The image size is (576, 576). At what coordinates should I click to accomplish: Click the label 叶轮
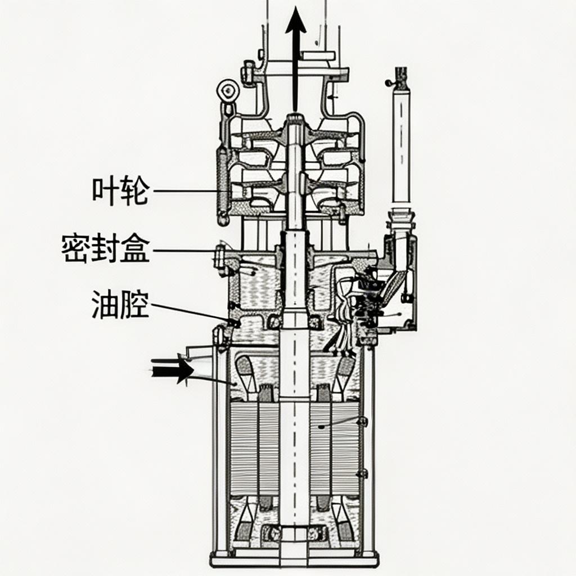(x=120, y=191)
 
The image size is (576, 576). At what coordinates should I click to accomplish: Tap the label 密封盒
(x=106, y=249)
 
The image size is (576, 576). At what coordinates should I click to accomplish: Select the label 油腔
(x=120, y=304)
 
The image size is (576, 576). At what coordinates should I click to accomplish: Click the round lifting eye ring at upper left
(x=227, y=90)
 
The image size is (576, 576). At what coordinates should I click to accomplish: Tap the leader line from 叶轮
(x=186, y=191)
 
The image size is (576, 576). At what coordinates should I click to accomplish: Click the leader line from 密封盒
(x=186, y=250)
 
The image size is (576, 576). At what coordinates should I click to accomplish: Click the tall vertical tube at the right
(x=401, y=146)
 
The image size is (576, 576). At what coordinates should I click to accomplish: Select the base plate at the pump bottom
(x=294, y=559)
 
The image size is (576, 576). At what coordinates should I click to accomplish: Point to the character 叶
(x=106, y=191)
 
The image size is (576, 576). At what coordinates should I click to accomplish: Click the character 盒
(x=136, y=249)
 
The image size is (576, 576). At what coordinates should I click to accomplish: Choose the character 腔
(x=135, y=304)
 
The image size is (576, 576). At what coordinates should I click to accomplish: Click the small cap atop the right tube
(x=401, y=74)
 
